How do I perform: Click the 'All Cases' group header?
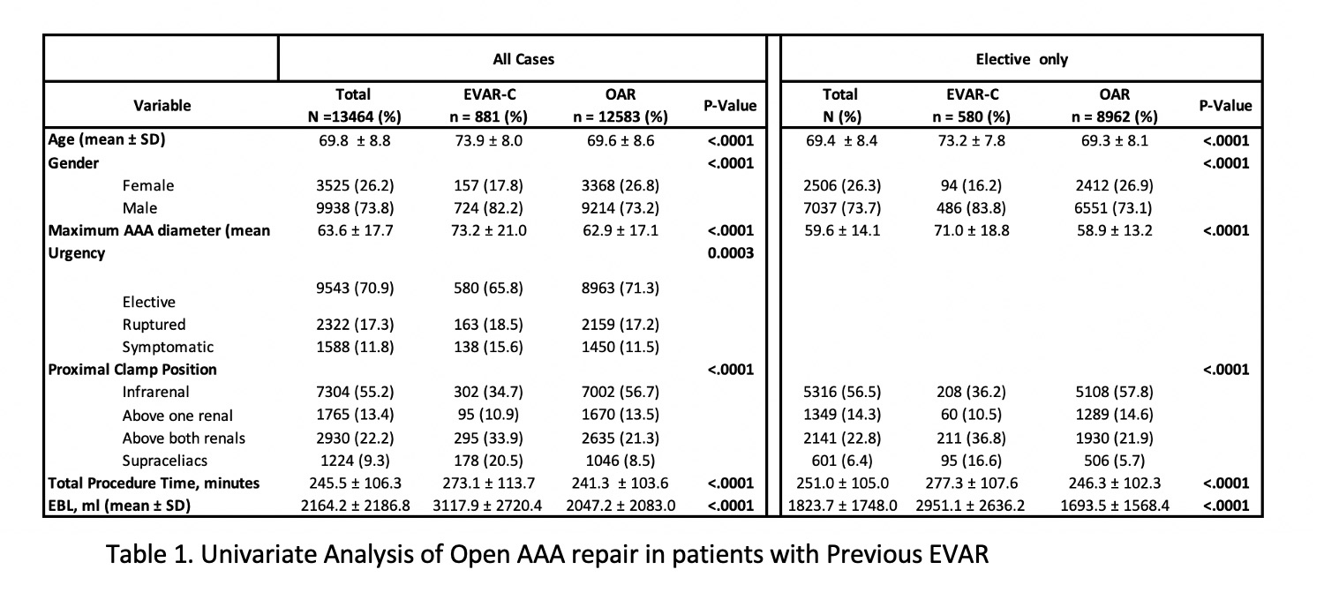coord(523,59)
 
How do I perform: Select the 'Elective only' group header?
coord(1021,59)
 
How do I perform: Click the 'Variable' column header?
coord(162,105)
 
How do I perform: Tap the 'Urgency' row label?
coord(76,253)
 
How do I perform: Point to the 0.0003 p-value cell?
coord(731,253)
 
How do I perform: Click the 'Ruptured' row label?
coord(154,325)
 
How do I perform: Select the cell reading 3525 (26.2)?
coord(355,185)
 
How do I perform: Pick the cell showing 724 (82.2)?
coord(488,208)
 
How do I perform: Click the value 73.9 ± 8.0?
coord(488,140)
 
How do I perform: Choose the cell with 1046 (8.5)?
coord(620,461)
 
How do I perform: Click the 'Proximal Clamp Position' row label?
coord(132,370)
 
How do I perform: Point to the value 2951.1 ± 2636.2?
coord(971,506)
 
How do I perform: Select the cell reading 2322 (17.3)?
coord(355,325)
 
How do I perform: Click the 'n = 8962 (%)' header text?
coord(1114,117)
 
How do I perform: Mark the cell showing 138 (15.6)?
coord(488,347)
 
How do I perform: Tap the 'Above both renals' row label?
coord(184,438)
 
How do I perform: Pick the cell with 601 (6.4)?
coord(842,461)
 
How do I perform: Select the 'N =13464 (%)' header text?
coord(354,117)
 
